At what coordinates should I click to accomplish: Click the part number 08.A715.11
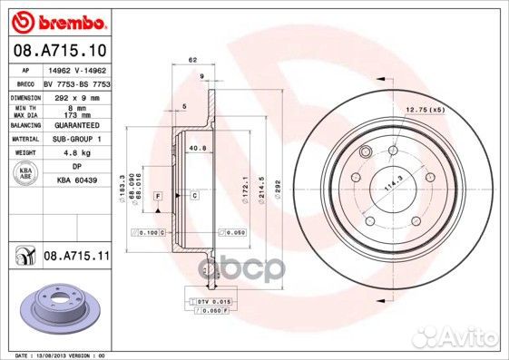pos(76,258)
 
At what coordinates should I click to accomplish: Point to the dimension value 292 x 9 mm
pos(76,96)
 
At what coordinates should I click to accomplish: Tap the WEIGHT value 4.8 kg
pos(76,154)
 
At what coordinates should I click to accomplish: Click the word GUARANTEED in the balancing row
pos(76,128)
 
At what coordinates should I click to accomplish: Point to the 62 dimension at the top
pos(192,60)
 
